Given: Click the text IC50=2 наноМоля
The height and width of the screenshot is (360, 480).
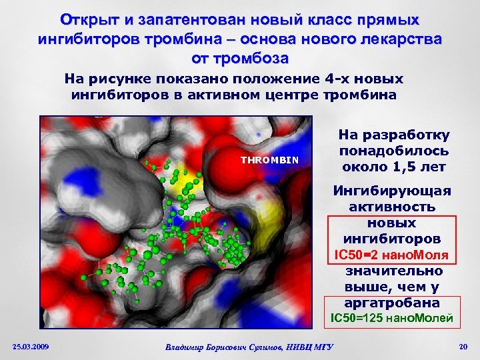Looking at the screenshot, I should pos(391,255).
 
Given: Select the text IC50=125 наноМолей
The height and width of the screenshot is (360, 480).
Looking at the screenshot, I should pos(391,319).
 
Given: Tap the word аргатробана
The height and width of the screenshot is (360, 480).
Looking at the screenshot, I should pos(391,302).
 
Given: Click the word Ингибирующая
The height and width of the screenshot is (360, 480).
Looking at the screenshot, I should pos(391,191).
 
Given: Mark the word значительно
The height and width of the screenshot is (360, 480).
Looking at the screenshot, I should pos(391,271).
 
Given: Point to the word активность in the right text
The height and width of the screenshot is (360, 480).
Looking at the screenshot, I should pos(391,207).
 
